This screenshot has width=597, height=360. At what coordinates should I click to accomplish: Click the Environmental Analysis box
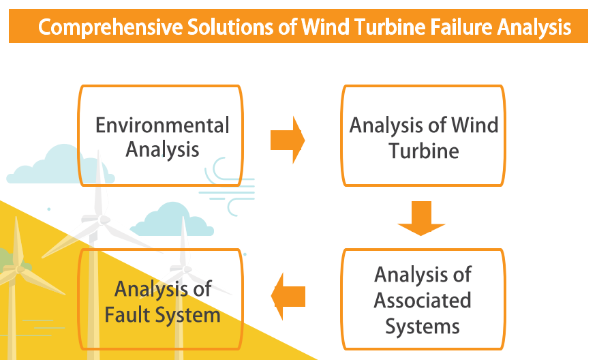click(161, 135)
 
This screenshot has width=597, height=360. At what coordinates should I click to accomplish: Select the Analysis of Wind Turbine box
click(423, 136)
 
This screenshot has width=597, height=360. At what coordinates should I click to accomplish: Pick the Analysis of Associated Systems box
click(423, 299)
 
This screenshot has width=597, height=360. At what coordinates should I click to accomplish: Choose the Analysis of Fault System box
click(161, 301)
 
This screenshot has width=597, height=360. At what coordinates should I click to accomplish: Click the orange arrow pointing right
click(287, 140)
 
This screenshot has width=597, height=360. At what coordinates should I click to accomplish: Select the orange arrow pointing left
click(288, 296)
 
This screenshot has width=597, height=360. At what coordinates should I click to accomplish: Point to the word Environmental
click(162, 125)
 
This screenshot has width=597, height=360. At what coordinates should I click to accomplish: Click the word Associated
click(423, 300)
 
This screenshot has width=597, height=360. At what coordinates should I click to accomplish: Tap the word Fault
click(129, 315)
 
